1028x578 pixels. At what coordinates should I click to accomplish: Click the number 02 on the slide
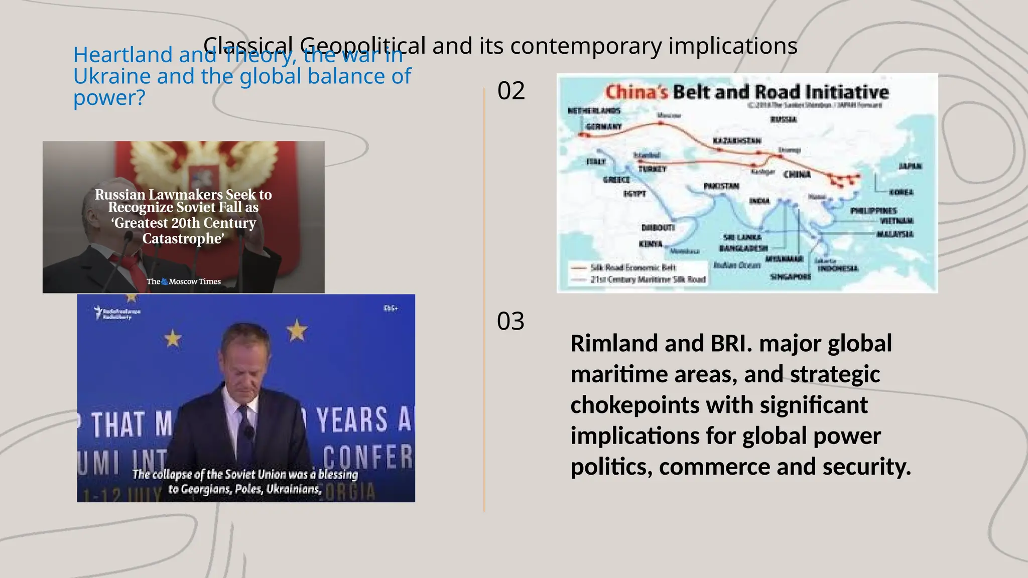click(x=511, y=91)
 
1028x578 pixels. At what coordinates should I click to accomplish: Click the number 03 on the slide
click(x=510, y=322)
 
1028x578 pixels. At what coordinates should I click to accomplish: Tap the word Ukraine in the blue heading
click(x=111, y=77)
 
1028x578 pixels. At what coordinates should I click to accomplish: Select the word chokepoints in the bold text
click(x=634, y=405)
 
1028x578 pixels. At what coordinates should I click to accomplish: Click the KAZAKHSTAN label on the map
click(x=737, y=140)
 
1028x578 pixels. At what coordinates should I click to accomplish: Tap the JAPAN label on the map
click(x=910, y=166)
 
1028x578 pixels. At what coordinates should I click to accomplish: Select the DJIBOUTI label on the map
click(x=658, y=228)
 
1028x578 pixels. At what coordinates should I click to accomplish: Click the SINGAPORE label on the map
click(x=791, y=276)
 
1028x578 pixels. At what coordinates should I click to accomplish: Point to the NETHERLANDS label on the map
click(x=594, y=110)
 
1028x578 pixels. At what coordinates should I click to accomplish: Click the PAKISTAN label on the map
click(x=721, y=186)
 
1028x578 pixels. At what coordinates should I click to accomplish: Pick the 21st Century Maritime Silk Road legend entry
click(x=648, y=279)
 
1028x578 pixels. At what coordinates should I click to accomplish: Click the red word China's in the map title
click(x=636, y=92)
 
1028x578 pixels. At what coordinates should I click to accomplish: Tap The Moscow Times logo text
click(x=184, y=281)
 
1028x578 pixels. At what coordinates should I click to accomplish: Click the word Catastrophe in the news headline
click(x=182, y=239)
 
